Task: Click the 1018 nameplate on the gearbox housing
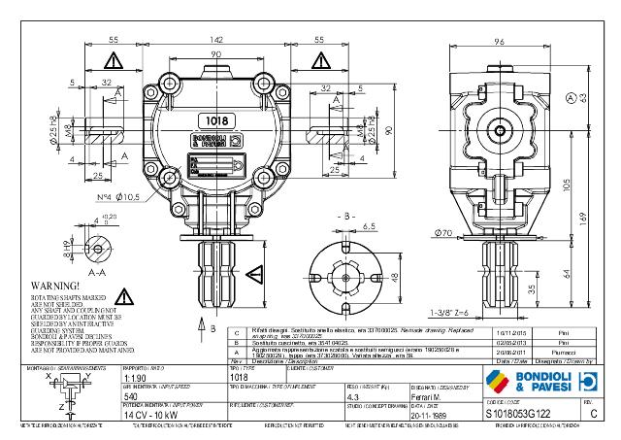217,121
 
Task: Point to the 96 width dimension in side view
498,42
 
